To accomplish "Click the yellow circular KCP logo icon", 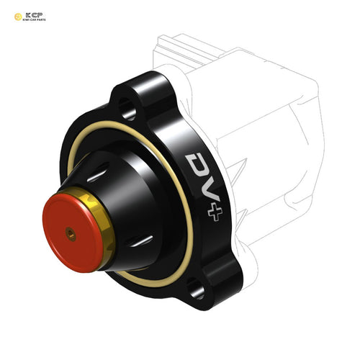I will pyautogui.click(x=18, y=16).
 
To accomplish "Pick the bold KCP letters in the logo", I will pyautogui.click(x=35, y=13).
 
